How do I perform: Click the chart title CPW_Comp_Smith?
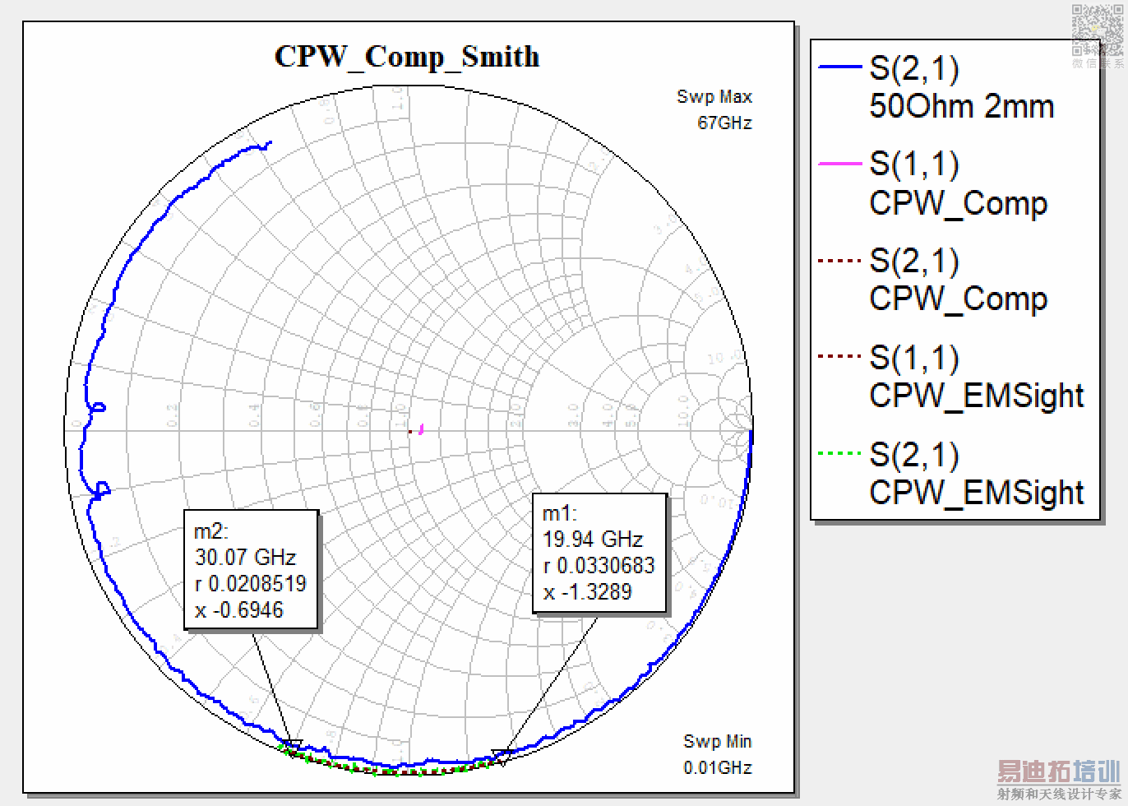pyautogui.click(x=407, y=57)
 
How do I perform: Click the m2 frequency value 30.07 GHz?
pyautogui.click(x=245, y=557)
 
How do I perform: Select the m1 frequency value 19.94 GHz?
pyautogui.click(x=592, y=539)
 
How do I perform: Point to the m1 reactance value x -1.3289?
pyautogui.click(x=587, y=591)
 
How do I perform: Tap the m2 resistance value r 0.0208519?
pyautogui.click(x=250, y=583)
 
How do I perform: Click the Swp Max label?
pyautogui.click(x=714, y=96)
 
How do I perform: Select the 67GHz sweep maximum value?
pyautogui.click(x=724, y=123)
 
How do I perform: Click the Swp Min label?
pyautogui.click(x=717, y=741)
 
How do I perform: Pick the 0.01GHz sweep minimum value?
pyautogui.click(x=717, y=767)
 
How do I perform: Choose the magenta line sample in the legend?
pyautogui.click(x=839, y=164)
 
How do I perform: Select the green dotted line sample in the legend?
pyautogui.click(x=839, y=453)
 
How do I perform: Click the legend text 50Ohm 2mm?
pyautogui.click(x=961, y=106)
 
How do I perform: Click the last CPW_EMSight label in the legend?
pyautogui.click(x=976, y=493)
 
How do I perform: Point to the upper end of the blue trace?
pyautogui.click(x=270, y=143)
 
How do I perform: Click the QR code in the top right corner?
pyautogui.click(x=1096, y=30)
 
